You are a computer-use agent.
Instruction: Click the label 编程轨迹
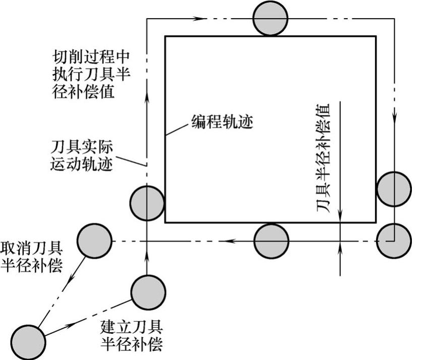click(x=225, y=122)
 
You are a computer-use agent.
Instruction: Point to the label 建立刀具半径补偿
click(x=132, y=335)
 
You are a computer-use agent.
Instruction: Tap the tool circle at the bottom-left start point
click(x=28, y=341)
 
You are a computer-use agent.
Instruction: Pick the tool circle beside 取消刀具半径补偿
click(x=94, y=241)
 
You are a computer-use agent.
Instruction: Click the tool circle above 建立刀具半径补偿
click(x=147, y=291)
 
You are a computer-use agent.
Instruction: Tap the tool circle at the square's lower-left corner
click(x=147, y=203)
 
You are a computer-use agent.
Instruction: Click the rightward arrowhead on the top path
click(x=201, y=18)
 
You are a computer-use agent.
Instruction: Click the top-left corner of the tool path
click(x=147, y=18)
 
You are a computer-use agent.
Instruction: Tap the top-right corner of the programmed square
click(x=375, y=36)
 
